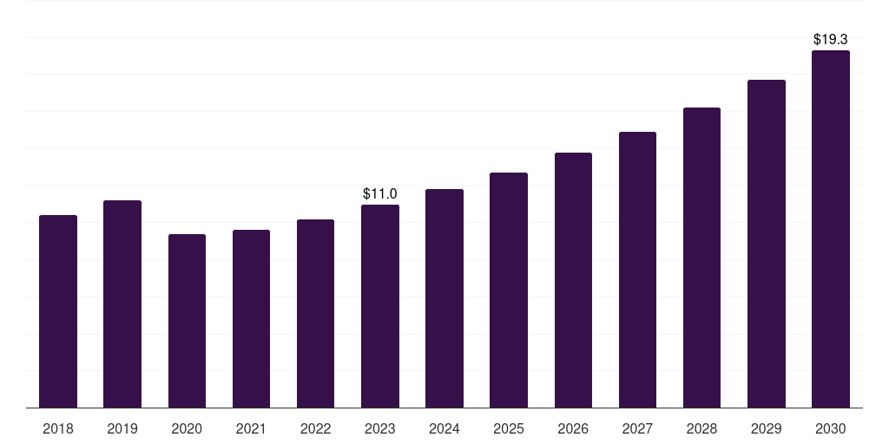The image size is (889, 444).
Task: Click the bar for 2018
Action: pyautogui.click(x=58, y=311)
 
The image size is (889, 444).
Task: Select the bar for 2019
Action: pyautogui.click(x=122, y=304)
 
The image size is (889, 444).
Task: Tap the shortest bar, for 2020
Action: pyautogui.click(x=187, y=321)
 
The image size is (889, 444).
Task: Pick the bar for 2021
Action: pyautogui.click(x=251, y=318)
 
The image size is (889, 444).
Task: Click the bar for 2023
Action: pyautogui.click(x=380, y=306)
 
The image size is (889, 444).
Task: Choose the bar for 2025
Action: pyautogui.click(x=509, y=290)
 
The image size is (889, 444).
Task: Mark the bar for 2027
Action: pyautogui.click(x=637, y=270)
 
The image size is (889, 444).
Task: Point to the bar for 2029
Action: pyautogui.click(x=767, y=244)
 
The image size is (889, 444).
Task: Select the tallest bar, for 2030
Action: pyautogui.click(x=831, y=229)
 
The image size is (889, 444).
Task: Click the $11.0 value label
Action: pyautogui.click(x=380, y=193)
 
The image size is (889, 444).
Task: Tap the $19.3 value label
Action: pyautogui.click(x=831, y=39)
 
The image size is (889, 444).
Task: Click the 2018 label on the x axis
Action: pyautogui.click(x=58, y=428)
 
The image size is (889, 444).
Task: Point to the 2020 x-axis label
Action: pyautogui.click(x=187, y=428)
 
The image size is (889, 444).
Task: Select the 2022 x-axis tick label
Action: pyautogui.click(x=315, y=428)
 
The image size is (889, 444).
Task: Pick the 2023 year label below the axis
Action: pyautogui.click(x=380, y=428)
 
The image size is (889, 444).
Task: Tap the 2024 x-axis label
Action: pyautogui.click(x=444, y=428)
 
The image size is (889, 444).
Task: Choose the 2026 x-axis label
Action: pyautogui.click(x=573, y=428)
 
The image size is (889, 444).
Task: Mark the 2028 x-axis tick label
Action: pyautogui.click(x=701, y=428)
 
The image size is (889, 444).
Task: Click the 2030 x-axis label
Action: pyautogui.click(x=831, y=428)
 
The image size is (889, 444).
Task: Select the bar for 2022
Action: pyautogui.click(x=315, y=313)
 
